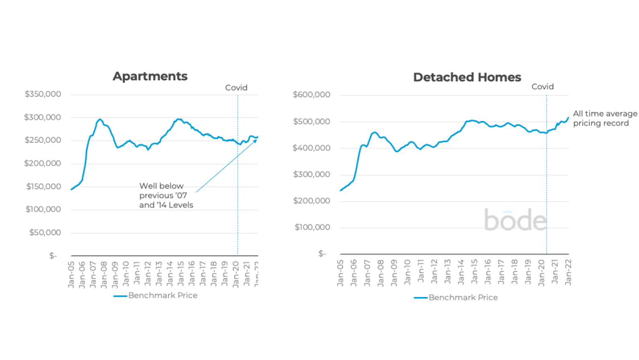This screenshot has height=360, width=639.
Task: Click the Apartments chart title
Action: coord(150,76)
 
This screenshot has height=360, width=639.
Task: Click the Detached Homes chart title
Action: coord(467,77)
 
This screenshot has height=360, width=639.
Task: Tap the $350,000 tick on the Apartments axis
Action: coord(43,94)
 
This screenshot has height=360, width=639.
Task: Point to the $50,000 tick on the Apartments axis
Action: coord(45,232)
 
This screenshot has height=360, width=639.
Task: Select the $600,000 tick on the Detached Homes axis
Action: coord(311,95)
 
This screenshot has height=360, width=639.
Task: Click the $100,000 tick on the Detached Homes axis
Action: coord(312,227)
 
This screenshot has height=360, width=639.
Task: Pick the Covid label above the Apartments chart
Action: coord(236,88)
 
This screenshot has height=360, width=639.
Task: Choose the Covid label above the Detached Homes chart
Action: coord(542,87)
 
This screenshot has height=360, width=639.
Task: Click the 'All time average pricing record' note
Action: coord(605,118)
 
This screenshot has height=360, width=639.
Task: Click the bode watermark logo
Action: coord(515,220)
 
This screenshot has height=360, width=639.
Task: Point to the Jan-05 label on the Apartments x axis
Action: coord(71,274)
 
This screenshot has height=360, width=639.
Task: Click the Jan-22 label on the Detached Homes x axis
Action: coord(568,272)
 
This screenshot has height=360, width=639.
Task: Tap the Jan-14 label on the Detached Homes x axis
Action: coord(461,272)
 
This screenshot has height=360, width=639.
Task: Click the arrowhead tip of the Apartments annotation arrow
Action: coord(257,139)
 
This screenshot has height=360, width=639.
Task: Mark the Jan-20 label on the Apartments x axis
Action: coord(236,274)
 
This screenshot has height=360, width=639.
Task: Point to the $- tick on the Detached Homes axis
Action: coord(322,253)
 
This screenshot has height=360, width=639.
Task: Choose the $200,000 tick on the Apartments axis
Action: coord(43,163)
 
